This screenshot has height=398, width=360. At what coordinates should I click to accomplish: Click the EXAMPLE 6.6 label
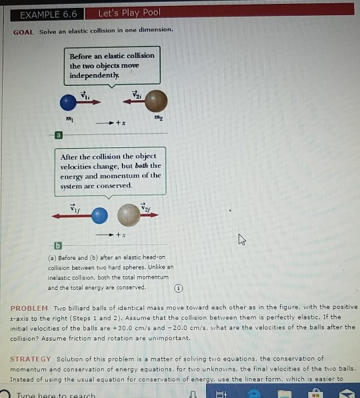click(x=49, y=13)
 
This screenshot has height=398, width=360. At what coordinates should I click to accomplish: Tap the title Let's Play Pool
click(x=129, y=13)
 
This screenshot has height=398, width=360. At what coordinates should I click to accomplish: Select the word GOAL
click(x=25, y=31)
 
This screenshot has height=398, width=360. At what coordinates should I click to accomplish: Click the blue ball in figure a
click(x=69, y=103)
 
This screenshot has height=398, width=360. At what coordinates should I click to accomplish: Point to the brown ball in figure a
click(x=157, y=102)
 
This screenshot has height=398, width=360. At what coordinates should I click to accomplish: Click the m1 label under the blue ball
click(x=68, y=118)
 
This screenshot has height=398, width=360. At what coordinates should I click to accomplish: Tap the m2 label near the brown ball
click(x=157, y=118)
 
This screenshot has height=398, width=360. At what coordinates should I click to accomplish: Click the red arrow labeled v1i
click(x=89, y=103)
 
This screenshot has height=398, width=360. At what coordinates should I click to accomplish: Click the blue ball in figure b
click(x=99, y=215)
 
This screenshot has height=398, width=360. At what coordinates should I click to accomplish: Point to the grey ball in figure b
click(x=129, y=215)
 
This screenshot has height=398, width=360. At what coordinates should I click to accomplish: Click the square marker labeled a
click(x=58, y=135)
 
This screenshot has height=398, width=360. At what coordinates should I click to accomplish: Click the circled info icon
click(x=178, y=288)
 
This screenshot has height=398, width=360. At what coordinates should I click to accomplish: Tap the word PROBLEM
click(x=29, y=309)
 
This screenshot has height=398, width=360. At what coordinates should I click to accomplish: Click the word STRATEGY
click(x=31, y=359)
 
